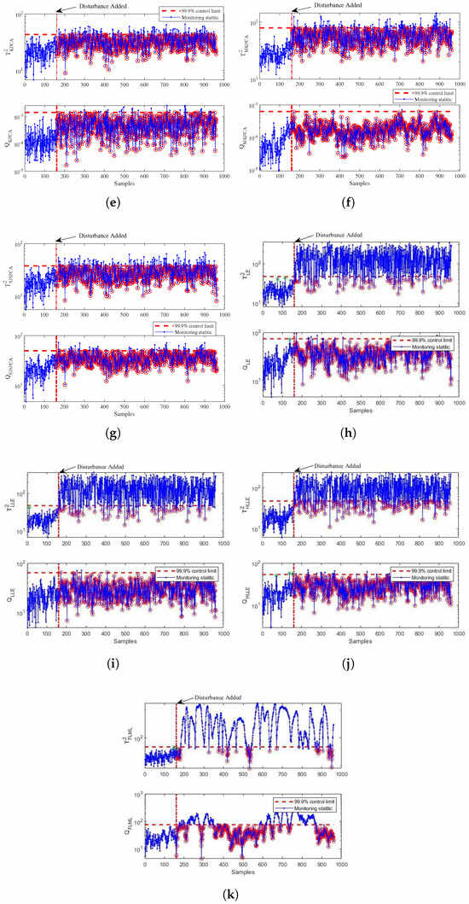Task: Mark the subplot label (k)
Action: (236, 893)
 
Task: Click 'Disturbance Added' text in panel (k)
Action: (218, 697)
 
